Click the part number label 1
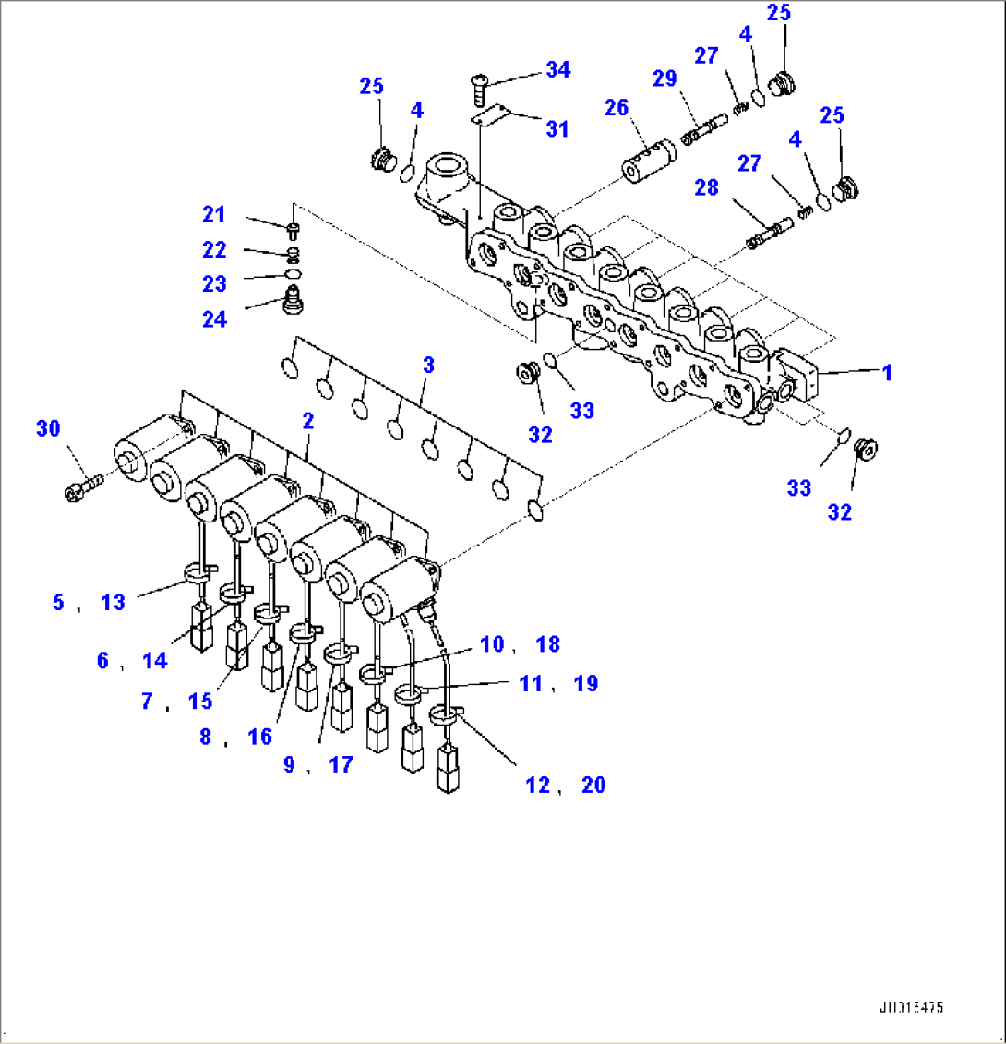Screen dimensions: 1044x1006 point(887,373)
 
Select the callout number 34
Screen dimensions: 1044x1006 point(557,69)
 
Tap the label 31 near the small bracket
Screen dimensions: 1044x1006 point(557,129)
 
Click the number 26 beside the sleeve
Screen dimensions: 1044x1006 point(617,108)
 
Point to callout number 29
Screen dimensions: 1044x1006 point(665,78)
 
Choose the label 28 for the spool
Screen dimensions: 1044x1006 point(706,188)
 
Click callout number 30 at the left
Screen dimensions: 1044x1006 point(48,427)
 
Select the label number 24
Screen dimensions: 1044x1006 point(214,319)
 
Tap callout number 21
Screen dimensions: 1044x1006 point(214,215)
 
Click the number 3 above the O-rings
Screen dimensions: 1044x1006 point(427,365)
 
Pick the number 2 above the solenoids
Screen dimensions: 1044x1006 point(307,421)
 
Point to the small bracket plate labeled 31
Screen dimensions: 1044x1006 point(491,115)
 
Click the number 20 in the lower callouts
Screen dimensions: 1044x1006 point(593,786)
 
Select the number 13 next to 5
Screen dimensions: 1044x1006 point(113,603)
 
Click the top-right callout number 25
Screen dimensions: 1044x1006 point(779,13)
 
